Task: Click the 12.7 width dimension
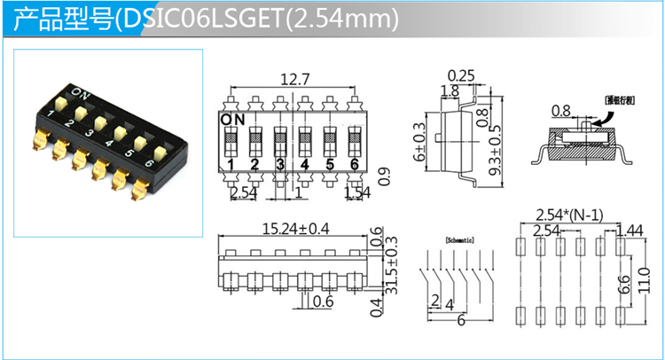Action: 294,79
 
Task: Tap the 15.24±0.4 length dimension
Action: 295,229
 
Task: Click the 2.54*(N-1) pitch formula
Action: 571,214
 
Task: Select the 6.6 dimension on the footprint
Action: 624,284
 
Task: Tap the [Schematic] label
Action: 457,239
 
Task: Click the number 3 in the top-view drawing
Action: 279,165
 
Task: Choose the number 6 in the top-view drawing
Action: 354,165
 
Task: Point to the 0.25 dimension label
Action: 461,75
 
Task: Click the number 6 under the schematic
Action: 460,320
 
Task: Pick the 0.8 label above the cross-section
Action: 560,112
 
